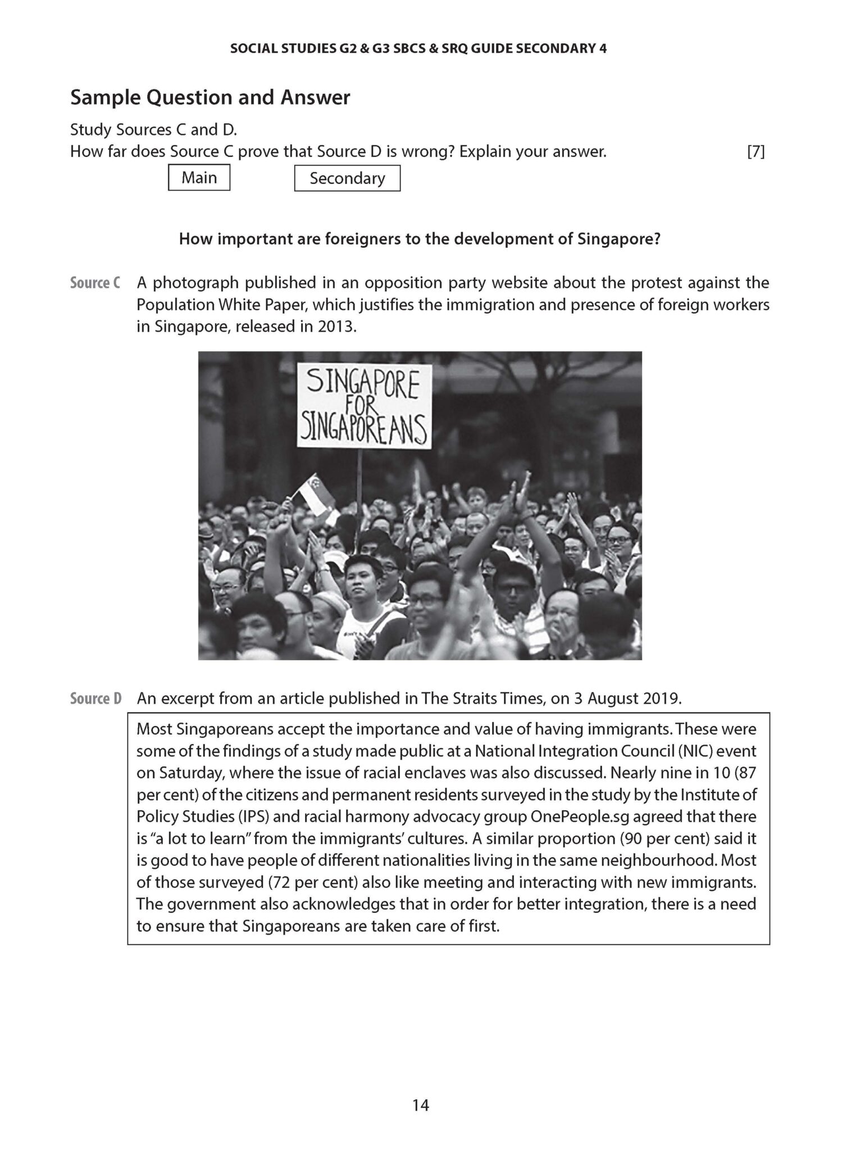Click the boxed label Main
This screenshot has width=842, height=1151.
pyautogui.click(x=199, y=178)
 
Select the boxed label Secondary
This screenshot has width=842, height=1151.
pyautogui.click(x=347, y=178)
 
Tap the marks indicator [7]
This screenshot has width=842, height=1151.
pyautogui.click(x=755, y=152)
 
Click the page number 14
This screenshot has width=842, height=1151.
pyautogui.click(x=420, y=1105)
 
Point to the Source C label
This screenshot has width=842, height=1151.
pyautogui.click(x=95, y=283)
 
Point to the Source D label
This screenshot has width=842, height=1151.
pyautogui.click(x=95, y=699)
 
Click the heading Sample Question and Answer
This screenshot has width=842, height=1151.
pyautogui.click(x=210, y=97)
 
